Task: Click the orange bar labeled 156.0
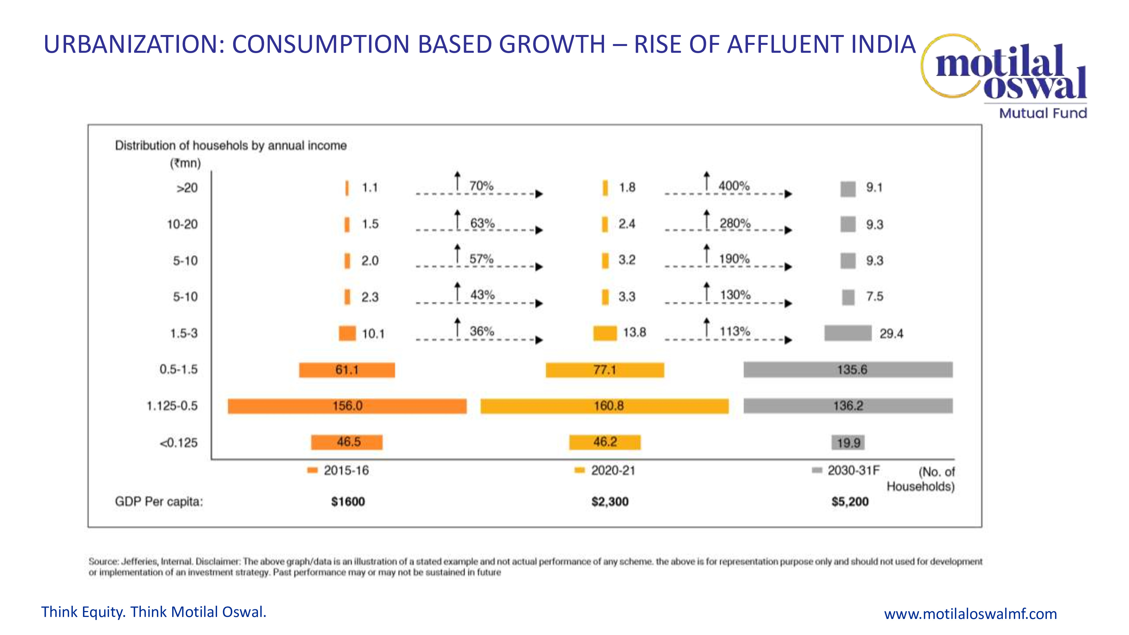(x=347, y=406)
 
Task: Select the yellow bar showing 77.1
(x=605, y=370)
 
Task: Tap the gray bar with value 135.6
(x=848, y=369)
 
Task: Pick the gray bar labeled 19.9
(x=848, y=443)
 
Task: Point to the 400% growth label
(x=734, y=186)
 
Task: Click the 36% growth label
(x=482, y=331)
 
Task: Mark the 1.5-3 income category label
(x=184, y=334)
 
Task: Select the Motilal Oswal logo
(x=1008, y=75)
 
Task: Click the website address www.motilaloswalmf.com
(x=970, y=614)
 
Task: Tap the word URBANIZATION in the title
(x=134, y=44)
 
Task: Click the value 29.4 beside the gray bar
(x=891, y=334)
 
